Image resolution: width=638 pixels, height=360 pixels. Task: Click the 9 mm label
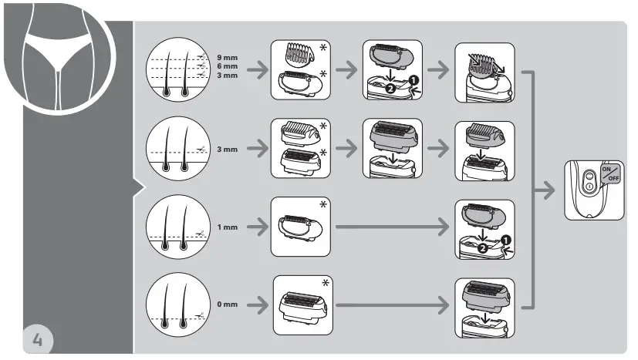(x=228, y=58)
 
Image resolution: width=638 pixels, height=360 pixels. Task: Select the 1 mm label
(x=228, y=227)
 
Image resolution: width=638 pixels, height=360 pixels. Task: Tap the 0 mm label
(x=228, y=304)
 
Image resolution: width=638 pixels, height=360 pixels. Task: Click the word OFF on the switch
(x=613, y=179)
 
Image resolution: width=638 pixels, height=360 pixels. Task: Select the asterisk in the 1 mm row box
(x=324, y=205)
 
